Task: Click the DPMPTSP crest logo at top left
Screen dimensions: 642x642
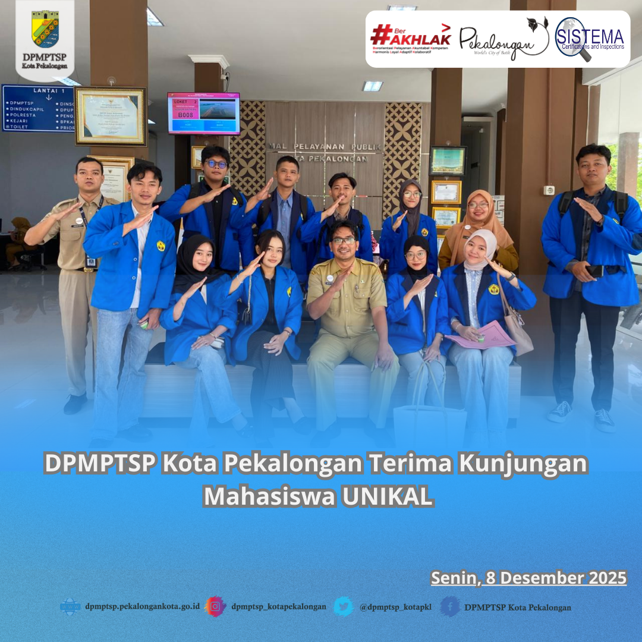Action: (45, 29)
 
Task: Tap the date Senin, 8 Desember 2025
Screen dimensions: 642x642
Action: (528, 578)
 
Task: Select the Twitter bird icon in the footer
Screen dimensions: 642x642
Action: (343, 606)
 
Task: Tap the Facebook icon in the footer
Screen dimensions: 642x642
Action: (450, 606)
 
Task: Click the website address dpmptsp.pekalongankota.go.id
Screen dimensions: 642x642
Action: (141, 607)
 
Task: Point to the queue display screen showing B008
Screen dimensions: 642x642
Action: (203, 113)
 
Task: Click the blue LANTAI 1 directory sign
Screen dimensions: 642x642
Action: (38, 108)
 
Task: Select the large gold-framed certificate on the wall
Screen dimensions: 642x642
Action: (111, 116)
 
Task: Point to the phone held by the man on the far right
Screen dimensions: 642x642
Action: (594, 270)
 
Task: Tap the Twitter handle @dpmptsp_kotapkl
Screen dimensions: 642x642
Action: (395, 607)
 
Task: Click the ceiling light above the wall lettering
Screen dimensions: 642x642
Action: (372, 86)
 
